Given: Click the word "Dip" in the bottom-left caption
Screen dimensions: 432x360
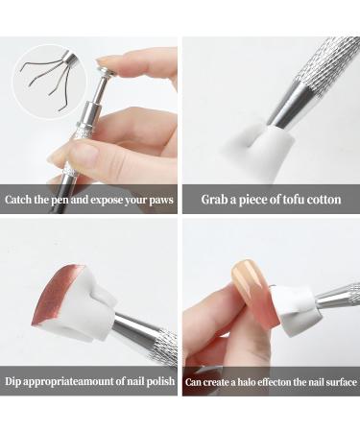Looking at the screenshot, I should pyautogui.click(x=16, y=381).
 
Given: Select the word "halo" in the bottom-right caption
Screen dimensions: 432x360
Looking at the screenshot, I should pyautogui.click(x=244, y=382).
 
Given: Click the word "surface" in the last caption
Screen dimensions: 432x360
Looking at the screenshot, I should pyautogui.click(x=335, y=382).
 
